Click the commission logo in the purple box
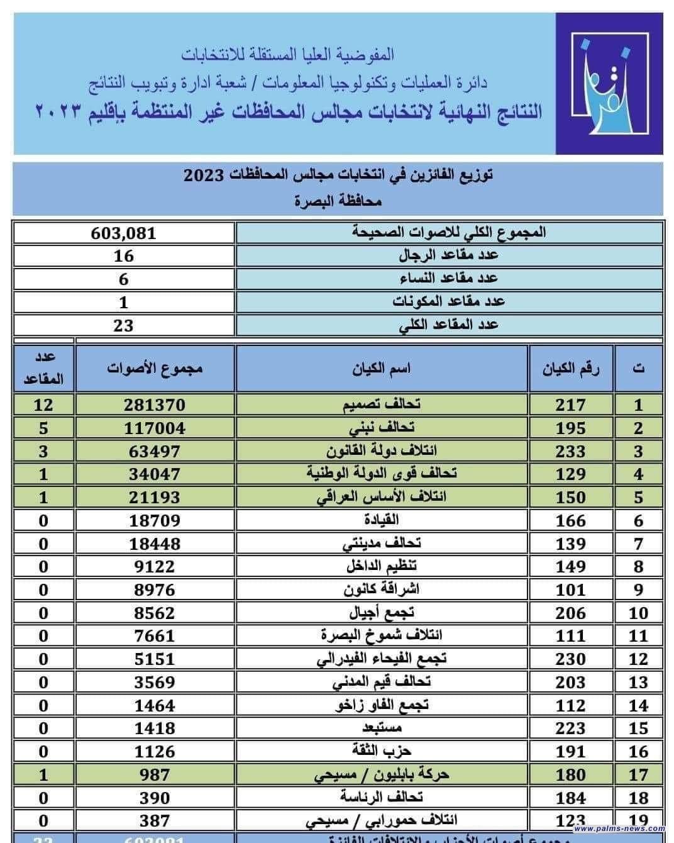609,84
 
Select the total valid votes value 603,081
124,233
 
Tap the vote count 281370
155,405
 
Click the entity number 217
570,405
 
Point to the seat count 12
43,405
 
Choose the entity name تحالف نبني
382,428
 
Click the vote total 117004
155,428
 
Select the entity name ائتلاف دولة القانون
382,451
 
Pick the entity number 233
570,451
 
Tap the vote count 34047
155,474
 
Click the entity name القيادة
382,520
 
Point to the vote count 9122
155,566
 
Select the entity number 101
570,589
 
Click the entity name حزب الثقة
382,751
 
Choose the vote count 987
155,774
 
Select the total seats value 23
124,325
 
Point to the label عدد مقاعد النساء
449,279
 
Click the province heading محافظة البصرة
338,202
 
